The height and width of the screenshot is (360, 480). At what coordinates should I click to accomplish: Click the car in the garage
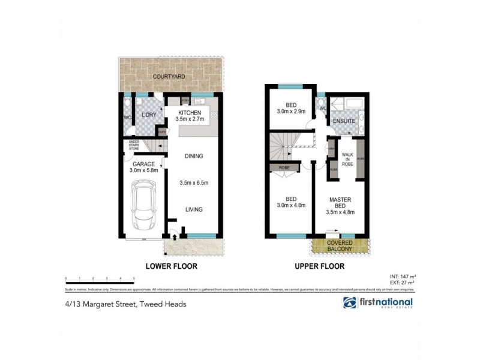click(143, 207)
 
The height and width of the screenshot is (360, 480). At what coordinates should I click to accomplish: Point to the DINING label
click(193, 156)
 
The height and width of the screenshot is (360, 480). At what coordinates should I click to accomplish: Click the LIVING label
click(193, 209)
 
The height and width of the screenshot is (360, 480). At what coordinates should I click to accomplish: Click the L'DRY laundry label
click(148, 116)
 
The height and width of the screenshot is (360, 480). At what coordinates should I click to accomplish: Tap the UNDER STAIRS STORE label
click(130, 145)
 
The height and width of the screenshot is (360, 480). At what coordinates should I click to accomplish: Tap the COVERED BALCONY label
click(340, 245)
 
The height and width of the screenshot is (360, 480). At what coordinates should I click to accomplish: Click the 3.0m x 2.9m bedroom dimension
click(291, 111)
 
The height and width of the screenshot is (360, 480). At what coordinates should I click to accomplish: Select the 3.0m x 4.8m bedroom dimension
click(291, 205)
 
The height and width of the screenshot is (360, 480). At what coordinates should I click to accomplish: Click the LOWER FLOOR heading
click(172, 266)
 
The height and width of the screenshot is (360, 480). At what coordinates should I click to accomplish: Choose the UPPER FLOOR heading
click(319, 266)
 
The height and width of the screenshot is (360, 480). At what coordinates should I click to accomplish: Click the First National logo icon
click(350, 303)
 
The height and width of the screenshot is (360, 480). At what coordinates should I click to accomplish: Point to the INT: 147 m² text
click(403, 276)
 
